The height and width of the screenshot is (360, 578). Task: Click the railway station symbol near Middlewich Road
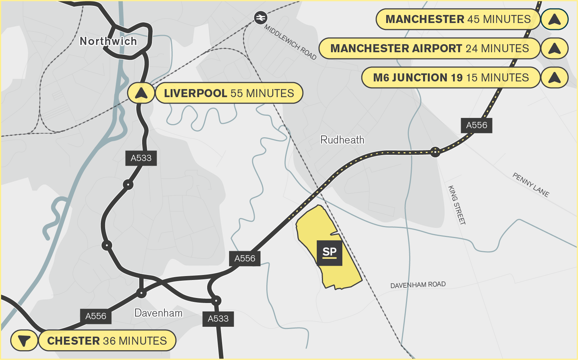point(261,18)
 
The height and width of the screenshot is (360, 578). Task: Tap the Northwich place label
point(108,41)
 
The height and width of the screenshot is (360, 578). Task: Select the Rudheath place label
point(342,140)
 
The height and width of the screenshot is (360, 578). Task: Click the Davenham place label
point(158,313)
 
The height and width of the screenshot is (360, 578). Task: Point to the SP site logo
point(330,253)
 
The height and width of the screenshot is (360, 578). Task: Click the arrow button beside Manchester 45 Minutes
point(554,19)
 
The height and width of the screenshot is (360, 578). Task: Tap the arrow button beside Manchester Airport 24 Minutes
point(554,49)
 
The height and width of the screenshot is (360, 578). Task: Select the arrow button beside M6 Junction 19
point(554,78)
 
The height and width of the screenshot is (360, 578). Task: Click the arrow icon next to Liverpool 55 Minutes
point(141,93)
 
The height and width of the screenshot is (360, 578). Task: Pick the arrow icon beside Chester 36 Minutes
point(24,341)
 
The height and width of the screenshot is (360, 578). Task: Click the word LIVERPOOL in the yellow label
point(195,93)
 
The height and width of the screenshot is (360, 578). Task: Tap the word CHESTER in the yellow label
point(73,341)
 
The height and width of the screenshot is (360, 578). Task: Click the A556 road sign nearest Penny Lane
point(476,125)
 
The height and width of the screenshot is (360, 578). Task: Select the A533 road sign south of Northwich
point(141,158)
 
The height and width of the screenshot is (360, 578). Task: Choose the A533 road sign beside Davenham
point(218,319)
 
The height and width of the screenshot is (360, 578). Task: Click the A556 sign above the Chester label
point(96,316)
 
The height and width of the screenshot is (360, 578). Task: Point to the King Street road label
point(457,205)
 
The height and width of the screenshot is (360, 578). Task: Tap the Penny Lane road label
point(531,185)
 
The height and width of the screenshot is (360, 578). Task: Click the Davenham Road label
point(418,285)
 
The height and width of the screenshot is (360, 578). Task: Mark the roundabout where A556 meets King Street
point(435,152)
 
